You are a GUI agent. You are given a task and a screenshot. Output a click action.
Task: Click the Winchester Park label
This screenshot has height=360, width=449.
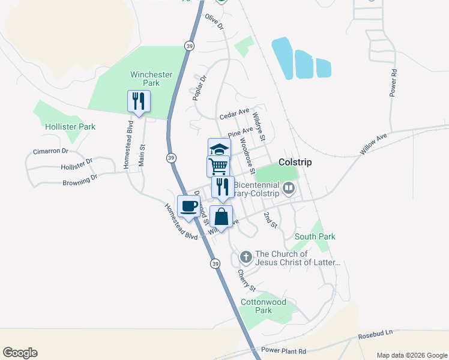(x=151, y=79)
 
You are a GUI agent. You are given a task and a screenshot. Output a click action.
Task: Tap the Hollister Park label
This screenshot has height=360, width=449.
(x=70, y=127)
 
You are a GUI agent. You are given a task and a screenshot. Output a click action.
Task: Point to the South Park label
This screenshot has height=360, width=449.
(x=315, y=236)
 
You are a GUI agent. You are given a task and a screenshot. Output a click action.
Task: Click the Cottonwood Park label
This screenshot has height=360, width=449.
(x=264, y=306)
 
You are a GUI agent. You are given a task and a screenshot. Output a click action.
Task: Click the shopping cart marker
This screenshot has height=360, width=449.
(x=218, y=166)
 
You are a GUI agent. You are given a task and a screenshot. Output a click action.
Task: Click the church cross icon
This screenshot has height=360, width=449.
(x=246, y=257)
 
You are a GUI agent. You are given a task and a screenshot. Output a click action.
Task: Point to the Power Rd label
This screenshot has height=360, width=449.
(x=394, y=83)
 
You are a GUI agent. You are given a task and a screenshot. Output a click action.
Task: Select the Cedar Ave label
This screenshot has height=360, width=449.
(x=234, y=113)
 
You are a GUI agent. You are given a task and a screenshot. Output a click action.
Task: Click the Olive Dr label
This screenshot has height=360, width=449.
(x=214, y=23)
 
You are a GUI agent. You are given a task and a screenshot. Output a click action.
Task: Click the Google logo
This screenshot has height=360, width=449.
(x=20, y=353)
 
